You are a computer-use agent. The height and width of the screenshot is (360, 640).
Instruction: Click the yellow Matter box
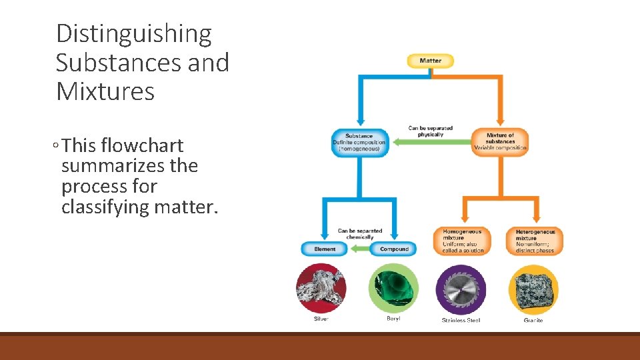click(430, 61)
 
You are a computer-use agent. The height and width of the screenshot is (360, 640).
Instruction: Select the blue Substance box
click(360, 143)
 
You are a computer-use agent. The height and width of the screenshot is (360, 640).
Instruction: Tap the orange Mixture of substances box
click(500, 142)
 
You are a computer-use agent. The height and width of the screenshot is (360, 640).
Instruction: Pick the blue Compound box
click(394, 249)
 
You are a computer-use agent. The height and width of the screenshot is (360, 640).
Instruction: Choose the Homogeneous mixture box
click(461, 241)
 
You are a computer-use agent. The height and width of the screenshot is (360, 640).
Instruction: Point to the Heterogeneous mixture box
click(535, 241)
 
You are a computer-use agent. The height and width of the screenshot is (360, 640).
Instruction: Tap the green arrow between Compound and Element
click(360, 249)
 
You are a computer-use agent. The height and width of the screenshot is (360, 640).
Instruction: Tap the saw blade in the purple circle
click(461, 290)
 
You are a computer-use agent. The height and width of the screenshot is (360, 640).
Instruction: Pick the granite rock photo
click(533, 290)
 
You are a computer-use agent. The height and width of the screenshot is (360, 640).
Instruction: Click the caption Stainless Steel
click(461, 321)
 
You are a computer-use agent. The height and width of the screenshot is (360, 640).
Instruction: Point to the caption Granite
click(533, 321)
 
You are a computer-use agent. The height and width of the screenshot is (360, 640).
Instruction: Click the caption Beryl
click(393, 319)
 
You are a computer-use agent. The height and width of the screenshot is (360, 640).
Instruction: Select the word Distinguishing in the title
click(133, 33)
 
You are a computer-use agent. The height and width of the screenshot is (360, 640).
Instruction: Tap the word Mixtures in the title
click(105, 91)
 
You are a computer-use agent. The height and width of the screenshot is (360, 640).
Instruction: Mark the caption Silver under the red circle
click(321, 319)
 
